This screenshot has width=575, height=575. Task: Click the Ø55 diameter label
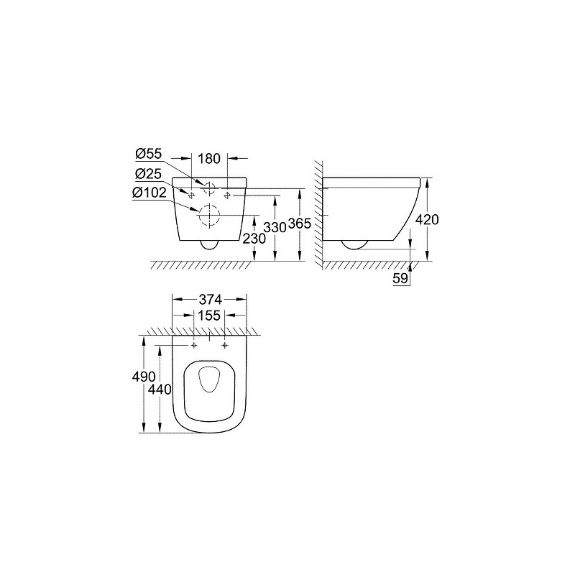coord(149,154)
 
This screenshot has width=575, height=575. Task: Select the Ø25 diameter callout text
coord(149,174)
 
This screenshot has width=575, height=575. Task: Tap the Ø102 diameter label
coord(150,193)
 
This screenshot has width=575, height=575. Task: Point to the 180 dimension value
coord(209,159)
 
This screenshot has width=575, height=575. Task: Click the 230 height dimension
coord(254,239)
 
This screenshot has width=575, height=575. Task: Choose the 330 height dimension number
coord(275,228)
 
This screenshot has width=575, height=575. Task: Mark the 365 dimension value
coord(300,224)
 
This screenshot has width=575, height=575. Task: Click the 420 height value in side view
coord(427,220)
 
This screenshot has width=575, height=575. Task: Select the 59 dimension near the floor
coord(400,279)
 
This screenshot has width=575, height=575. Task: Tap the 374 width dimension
coord(210,300)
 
